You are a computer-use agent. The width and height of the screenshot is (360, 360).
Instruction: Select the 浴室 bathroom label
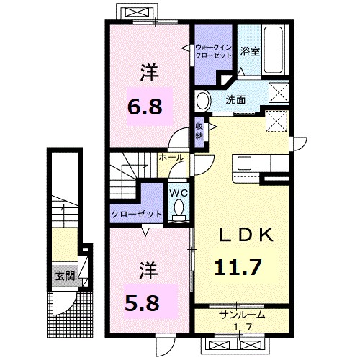[250, 52]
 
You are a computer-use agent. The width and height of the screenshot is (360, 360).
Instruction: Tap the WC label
[179, 192]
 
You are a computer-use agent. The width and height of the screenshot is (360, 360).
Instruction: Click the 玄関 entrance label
[64, 276]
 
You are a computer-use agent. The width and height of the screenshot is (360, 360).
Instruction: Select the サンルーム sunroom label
[243, 315]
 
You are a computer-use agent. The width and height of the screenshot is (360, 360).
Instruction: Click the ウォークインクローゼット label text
[212, 52]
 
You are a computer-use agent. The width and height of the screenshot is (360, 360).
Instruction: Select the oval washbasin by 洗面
[203, 100]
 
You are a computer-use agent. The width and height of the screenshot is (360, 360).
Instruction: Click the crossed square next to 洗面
[278, 94]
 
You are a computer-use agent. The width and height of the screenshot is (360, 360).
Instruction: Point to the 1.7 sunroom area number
[243, 327]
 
